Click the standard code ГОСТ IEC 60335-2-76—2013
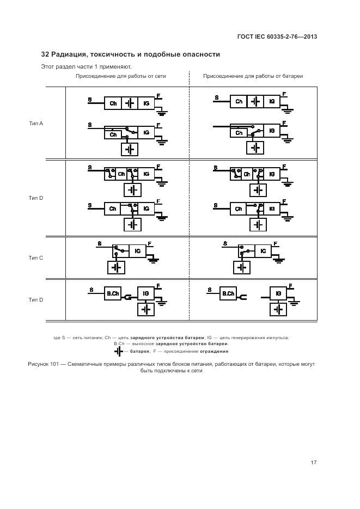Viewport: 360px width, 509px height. [x=277, y=37]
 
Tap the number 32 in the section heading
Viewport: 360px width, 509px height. [x=45, y=54]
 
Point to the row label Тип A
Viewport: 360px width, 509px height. [x=36, y=124]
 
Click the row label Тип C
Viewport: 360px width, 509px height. [x=36, y=257]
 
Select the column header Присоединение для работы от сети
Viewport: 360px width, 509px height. [x=120, y=76]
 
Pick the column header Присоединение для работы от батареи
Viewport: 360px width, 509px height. [x=253, y=76]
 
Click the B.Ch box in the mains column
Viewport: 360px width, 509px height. [x=113, y=294]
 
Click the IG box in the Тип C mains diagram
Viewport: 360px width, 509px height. [x=137, y=251]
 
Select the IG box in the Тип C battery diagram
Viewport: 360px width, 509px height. [x=263, y=251]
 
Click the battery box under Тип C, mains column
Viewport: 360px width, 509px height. [x=115, y=267]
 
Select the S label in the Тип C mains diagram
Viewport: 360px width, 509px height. [x=99, y=243]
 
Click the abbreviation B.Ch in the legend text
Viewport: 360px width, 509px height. [x=119, y=344]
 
